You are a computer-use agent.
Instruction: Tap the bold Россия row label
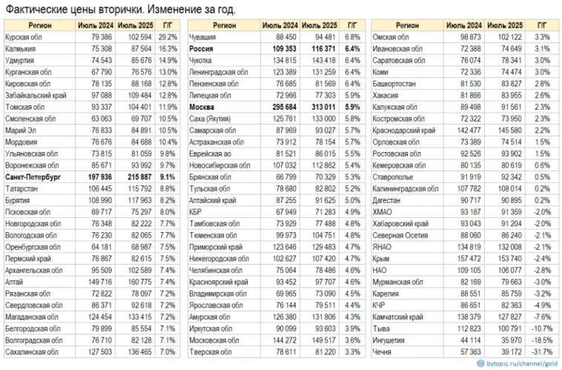click(x=201, y=47)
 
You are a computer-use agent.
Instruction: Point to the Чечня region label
click(x=383, y=351)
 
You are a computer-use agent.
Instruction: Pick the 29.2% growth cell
click(x=167, y=36)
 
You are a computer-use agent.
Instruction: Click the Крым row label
click(x=380, y=259)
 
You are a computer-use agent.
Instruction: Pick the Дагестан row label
click(x=387, y=200)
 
